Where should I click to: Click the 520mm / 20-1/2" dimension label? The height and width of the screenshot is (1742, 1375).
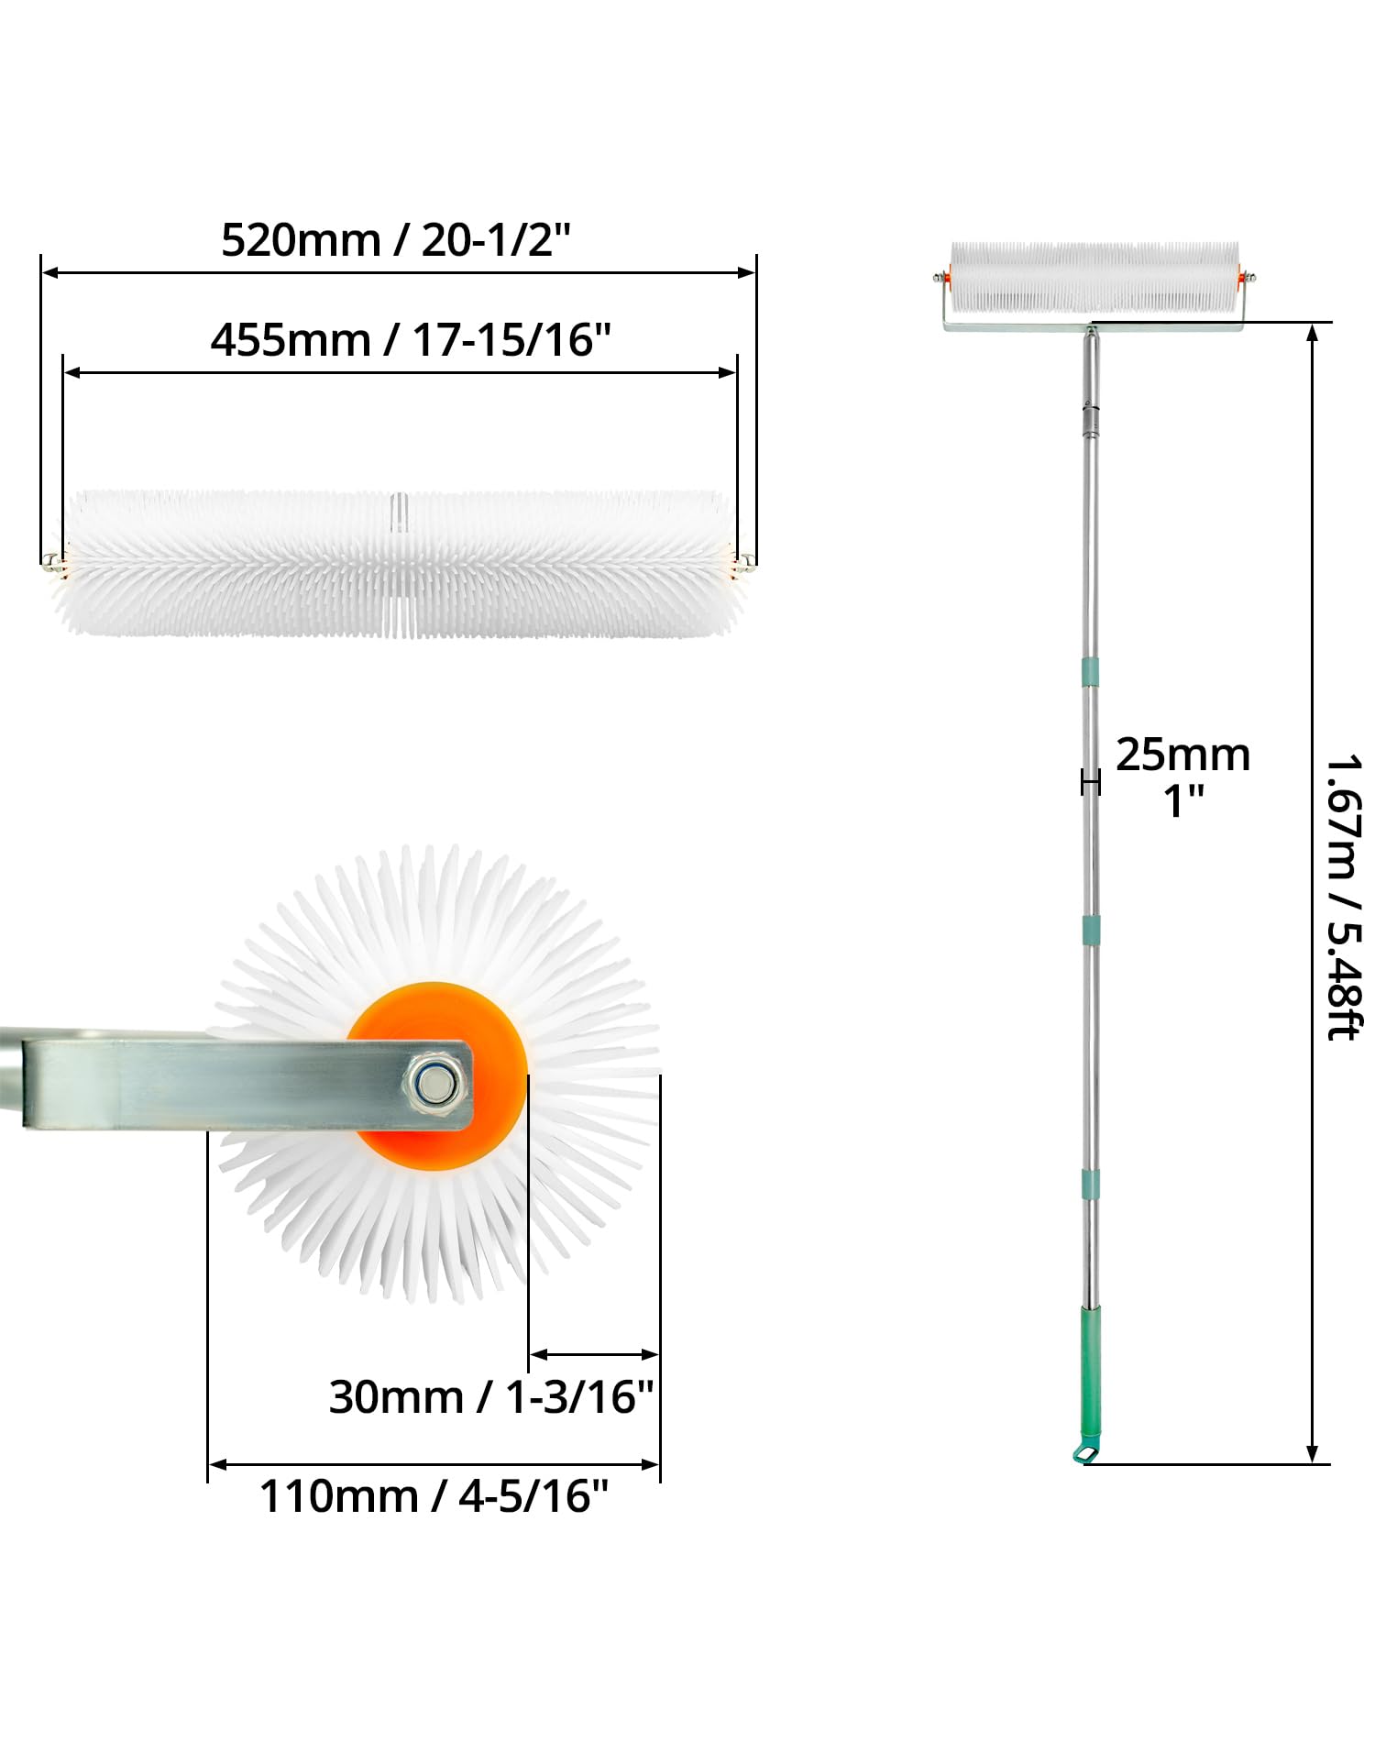pos(396,241)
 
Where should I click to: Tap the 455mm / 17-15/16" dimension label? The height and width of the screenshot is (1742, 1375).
pos(411,340)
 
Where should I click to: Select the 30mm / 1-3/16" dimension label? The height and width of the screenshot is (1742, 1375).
pos(491,1398)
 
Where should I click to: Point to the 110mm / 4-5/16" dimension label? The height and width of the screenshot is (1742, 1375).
pos(434,1496)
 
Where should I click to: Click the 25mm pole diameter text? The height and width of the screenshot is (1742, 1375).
pos(1183,755)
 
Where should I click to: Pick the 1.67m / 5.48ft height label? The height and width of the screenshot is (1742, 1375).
pos(1346,897)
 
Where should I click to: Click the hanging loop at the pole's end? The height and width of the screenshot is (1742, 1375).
pos(1084,1453)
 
